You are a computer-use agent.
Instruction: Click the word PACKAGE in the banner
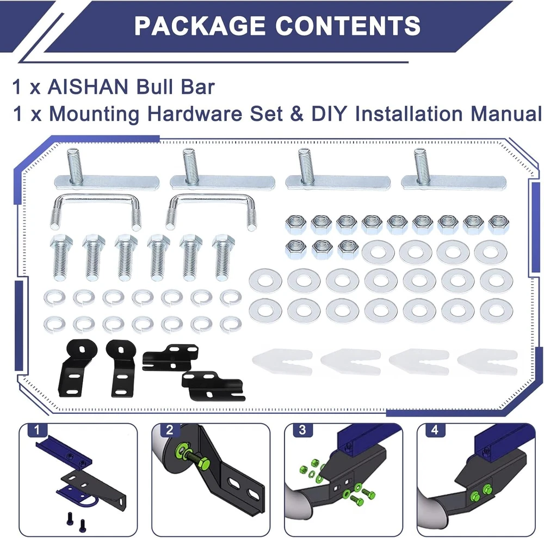pos(200,26)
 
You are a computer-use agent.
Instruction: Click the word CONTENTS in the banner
pos(348,26)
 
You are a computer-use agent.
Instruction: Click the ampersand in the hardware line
pos(296,114)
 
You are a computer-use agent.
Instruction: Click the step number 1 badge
pos(37,430)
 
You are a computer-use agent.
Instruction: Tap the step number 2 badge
pos(169,430)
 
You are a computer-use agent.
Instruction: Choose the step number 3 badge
pos(302,430)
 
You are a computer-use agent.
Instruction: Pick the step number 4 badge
pos(435,430)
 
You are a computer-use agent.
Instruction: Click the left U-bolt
pos(95,199)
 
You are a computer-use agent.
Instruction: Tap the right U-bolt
pos(212,199)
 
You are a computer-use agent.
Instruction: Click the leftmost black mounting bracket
pos(77,368)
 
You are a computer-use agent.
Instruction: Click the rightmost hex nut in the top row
pos(499,224)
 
